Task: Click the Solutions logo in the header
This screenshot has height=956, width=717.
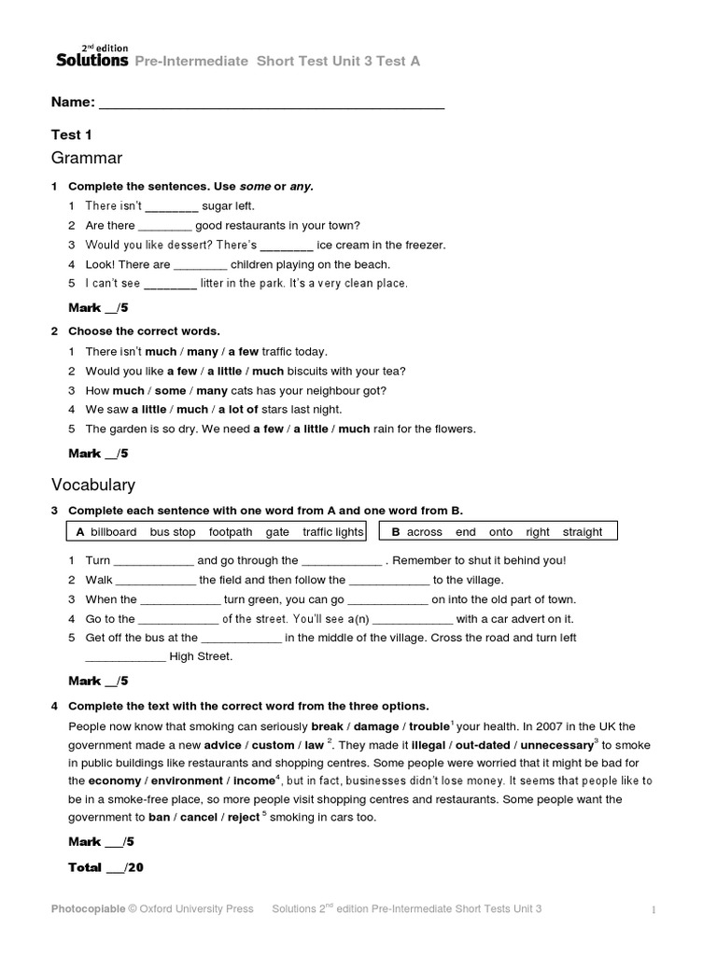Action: pos(91,58)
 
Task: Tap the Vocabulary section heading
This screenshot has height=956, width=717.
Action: pos(92,485)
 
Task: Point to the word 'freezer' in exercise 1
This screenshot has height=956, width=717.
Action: pos(424,246)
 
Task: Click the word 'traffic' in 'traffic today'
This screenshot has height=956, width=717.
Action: pos(282,352)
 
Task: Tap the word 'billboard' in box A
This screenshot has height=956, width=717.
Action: pos(113,532)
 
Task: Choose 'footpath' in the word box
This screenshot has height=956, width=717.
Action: pos(231,532)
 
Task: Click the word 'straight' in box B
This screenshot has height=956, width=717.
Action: pos(583,532)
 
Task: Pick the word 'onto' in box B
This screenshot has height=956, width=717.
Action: pos(500,532)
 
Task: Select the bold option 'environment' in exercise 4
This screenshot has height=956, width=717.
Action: pos(195,780)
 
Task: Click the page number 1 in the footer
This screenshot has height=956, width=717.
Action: pos(654,910)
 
